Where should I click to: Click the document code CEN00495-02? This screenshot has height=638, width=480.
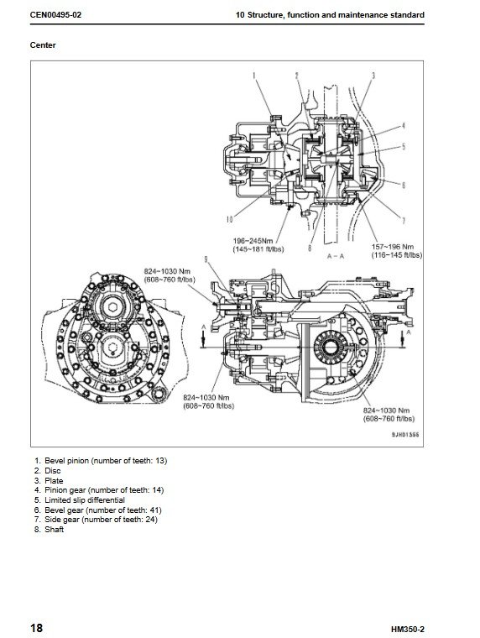click(55, 15)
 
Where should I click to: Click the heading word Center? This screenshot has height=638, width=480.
click(43, 45)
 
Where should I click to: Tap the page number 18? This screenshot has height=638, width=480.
click(36, 628)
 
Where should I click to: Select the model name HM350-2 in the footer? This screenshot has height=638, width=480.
click(408, 630)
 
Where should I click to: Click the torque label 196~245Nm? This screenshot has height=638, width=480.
click(253, 241)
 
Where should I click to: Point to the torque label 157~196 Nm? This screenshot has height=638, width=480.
click(393, 247)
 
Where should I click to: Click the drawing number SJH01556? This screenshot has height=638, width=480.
click(405, 435)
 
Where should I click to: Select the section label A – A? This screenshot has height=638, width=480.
click(336, 256)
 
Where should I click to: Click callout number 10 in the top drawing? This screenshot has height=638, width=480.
click(229, 220)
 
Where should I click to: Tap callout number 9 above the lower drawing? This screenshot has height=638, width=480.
click(206, 259)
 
